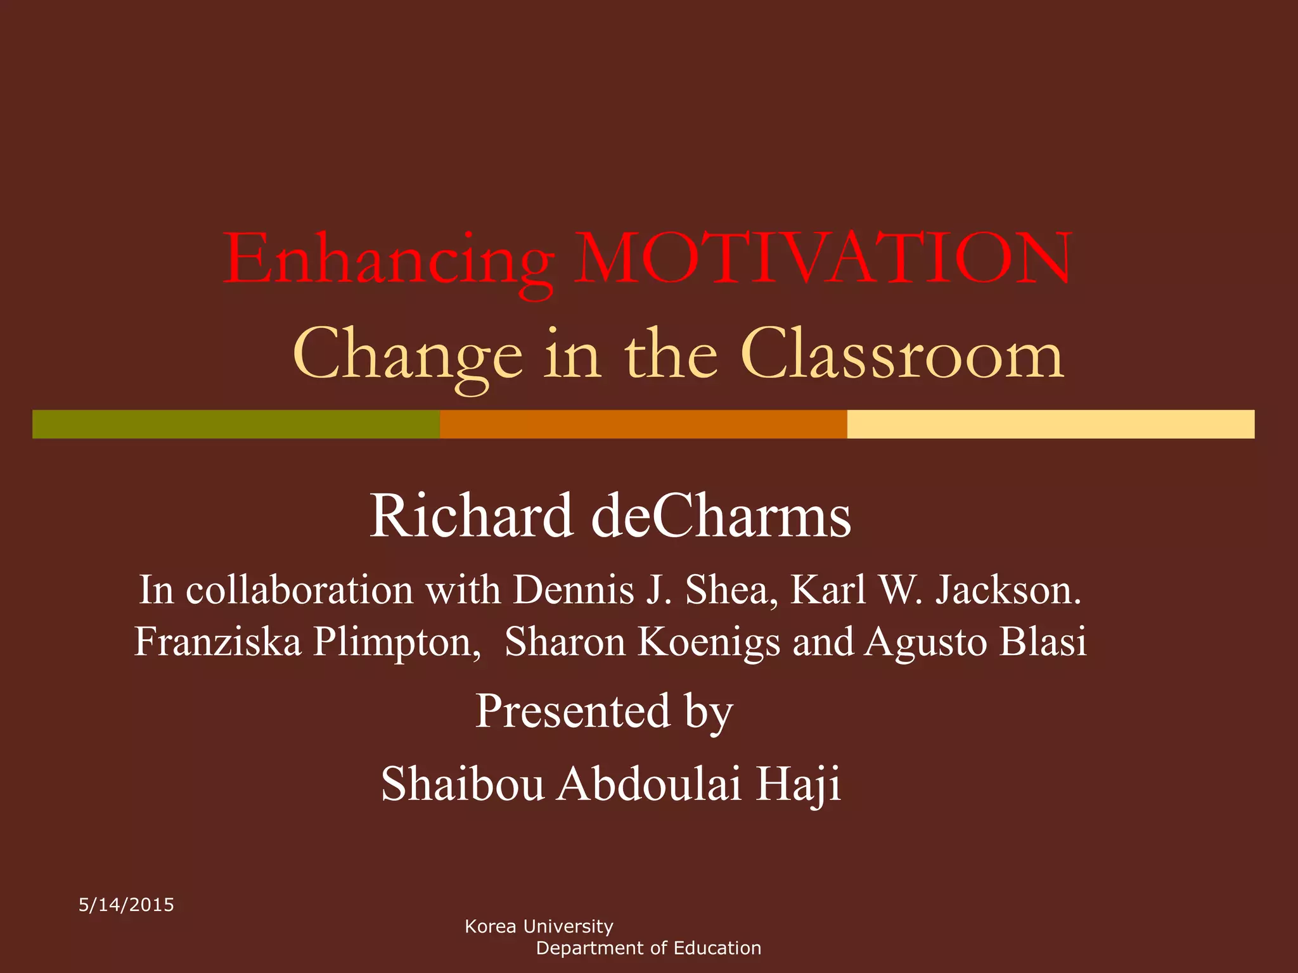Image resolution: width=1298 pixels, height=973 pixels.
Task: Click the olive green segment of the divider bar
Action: click(236, 424)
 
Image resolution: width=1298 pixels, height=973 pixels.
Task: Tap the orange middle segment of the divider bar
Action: click(643, 424)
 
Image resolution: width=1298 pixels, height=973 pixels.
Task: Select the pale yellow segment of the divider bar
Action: click(1050, 424)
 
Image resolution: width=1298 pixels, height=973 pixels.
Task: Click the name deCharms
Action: click(721, 516)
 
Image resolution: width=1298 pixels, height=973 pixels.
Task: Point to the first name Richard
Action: click(472, 516)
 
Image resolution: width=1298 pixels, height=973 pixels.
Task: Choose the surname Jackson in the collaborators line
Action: click(1008, 590)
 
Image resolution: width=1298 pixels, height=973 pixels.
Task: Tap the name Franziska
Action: click(218, 642)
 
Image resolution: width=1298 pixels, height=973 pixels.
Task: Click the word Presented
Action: click(573, 711)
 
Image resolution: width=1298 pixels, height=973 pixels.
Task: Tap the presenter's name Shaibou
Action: click(463, 784)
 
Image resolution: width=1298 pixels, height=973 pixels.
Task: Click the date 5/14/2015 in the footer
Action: click(126, 905)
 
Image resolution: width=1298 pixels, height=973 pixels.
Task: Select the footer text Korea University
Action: click(539, 926)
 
